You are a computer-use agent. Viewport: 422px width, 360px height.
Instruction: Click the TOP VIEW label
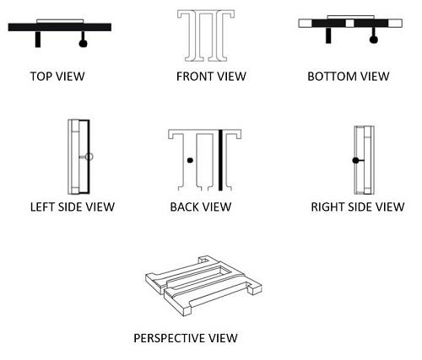[57, 77]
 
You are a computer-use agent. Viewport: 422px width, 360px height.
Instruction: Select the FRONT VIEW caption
[211, 77]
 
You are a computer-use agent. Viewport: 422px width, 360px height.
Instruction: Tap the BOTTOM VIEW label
[349, 77]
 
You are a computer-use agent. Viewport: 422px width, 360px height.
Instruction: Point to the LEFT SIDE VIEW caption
[73, 207]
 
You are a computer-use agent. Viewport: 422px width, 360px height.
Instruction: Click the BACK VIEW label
[201, 207]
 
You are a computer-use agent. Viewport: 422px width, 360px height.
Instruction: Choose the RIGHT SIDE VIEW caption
[358, 207]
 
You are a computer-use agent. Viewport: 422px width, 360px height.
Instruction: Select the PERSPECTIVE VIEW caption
[186, 338]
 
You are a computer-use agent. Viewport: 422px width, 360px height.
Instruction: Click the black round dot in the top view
[83, 43]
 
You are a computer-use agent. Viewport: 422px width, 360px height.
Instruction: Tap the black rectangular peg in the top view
[38, 39]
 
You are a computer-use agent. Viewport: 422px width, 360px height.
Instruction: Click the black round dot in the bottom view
[373, 40]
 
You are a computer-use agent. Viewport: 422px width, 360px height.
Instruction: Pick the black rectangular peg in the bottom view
[328, 35]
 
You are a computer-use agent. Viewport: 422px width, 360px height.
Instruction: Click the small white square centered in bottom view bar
[349, 23]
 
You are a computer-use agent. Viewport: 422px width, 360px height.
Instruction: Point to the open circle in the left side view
[89, 157]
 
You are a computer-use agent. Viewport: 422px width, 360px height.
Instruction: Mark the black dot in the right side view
[355, 160]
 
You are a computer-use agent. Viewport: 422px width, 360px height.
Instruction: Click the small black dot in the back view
[190, 160]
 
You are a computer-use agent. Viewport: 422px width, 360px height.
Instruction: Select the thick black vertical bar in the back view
[220, 160]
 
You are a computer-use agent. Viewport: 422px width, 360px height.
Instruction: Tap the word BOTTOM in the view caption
[332, 77]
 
